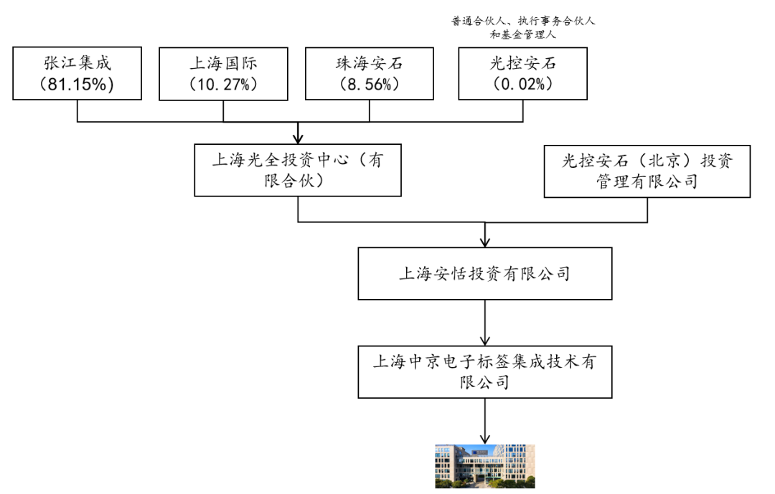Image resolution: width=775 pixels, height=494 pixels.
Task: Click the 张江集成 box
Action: click(x=77, y=74)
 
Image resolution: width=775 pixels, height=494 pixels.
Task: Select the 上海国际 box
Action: click(x=223, y=74)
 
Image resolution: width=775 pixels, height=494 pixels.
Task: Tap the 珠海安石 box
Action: click(x=370, y=74)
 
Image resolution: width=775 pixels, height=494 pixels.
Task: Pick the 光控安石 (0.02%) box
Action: click(x=523, y=74)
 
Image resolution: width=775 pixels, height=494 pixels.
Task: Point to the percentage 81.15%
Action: click(x=77, y=85)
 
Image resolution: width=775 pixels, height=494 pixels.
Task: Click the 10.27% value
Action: click(x=223, y=85)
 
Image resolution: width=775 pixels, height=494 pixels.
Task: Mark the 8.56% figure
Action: click(x=370, y=85)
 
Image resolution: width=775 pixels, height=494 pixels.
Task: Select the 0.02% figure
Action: click(x=523, y=84)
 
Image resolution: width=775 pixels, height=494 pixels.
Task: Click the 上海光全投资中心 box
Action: click(x=298, y=171)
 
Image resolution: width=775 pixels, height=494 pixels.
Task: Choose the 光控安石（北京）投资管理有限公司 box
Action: click(x=647, y=171)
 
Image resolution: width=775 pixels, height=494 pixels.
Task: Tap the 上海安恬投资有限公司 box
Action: click(x=485, y=274)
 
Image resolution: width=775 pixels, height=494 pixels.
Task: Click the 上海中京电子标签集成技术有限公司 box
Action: click(x=485, y=372)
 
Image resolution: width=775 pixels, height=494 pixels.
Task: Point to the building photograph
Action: click(x=485, y=466)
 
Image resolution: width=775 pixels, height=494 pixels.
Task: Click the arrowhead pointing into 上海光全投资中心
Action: click(x=298, y=139)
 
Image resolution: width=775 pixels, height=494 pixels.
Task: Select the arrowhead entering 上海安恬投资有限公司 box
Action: click(x=485, y=242)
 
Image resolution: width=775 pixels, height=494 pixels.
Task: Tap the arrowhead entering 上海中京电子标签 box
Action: click(x=485, y=341)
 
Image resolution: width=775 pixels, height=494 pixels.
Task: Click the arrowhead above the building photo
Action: click(x=485, y=439)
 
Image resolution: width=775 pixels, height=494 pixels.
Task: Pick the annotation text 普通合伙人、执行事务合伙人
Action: click(x=523, y=21)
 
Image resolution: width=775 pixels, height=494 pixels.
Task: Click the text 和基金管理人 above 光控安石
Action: click(x=523, y=34)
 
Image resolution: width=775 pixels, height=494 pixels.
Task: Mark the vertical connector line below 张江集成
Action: click(x=77, y=110)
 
